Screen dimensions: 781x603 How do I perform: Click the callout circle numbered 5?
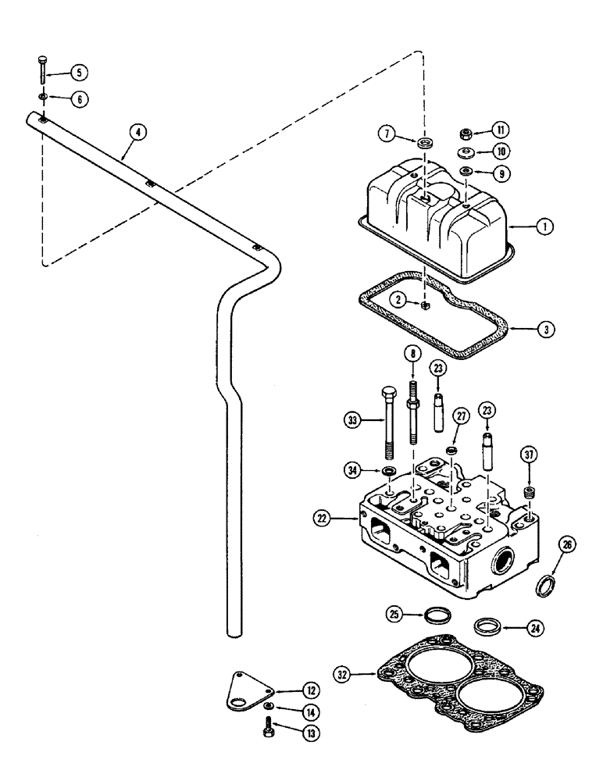78,73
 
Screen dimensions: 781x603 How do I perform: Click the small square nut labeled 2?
423,307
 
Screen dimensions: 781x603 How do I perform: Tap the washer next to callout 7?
426,144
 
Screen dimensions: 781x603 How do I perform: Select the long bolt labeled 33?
385,422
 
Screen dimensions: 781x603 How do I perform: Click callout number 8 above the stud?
412,353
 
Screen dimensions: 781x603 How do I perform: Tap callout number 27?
461,437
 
